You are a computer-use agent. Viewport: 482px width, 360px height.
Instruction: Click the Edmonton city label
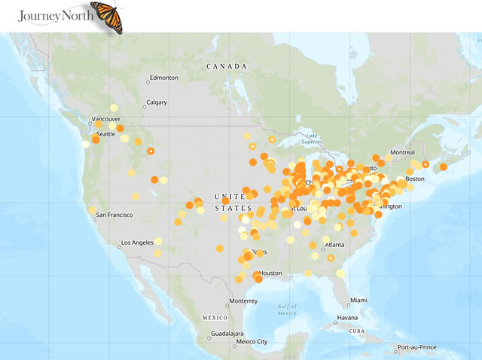[x=163, y=78]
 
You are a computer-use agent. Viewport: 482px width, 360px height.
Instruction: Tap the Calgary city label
[x=157, y=102]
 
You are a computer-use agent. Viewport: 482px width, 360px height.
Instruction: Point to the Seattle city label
[x=105, y=134]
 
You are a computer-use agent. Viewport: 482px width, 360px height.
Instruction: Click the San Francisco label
[x=116, y=216]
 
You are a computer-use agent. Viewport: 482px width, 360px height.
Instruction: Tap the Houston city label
[x=270, y=273]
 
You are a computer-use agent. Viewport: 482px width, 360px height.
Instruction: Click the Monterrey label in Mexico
[x=243, y=301]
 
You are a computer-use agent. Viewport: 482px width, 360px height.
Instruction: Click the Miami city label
[x=358, y=300]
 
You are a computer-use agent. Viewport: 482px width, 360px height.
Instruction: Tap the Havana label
[x=347, y=317]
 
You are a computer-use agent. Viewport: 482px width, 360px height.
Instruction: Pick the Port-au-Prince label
[x=419, y=347]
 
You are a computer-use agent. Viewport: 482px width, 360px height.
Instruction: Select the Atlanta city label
[x=334, y=245]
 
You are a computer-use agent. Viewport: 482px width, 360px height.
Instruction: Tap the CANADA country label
[x=227, y=66]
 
